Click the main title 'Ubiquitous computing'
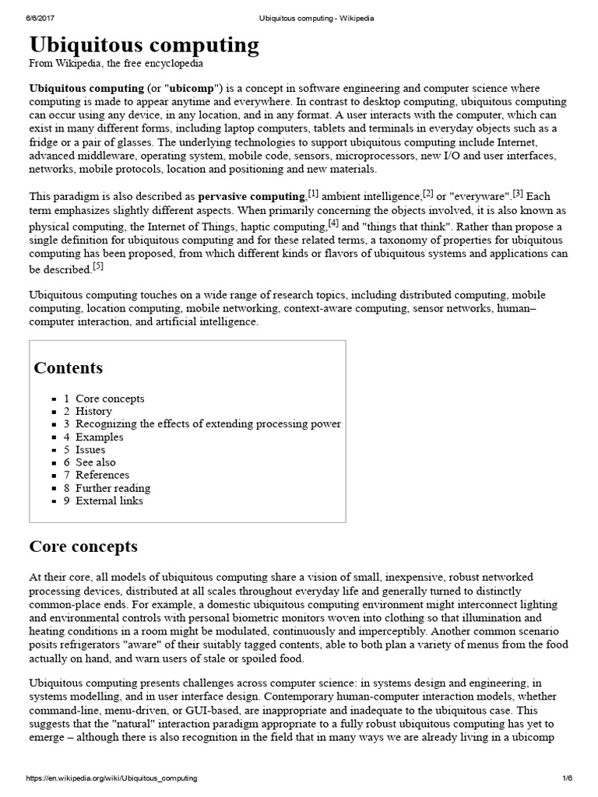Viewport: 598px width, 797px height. (144, 45)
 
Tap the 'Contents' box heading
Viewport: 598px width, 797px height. (68, 368)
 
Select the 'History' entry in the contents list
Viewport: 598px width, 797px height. (93, 411)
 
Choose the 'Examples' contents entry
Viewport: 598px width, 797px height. (99, 437)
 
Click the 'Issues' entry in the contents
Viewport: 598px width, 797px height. (90, 449)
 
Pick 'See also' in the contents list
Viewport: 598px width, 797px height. (95, 462)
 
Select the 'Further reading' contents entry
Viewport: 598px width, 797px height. (113, 488)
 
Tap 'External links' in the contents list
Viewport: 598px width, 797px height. (109, 500)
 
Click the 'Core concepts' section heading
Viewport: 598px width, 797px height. (83, 546)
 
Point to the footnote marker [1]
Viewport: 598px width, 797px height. (313, 192)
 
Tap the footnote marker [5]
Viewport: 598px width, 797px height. (97, 266)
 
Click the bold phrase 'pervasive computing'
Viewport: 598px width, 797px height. (252, 197)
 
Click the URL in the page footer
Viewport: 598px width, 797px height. (112, 778)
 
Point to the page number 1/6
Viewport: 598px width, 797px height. (567, 778)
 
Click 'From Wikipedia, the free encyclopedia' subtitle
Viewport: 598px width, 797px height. (116, 64)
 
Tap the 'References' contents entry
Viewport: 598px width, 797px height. (102, 475)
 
